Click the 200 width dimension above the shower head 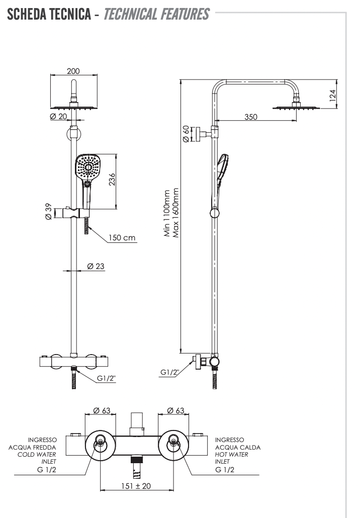tap(73, 71)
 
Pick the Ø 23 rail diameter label tap(96, 266)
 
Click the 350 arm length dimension tap(250, 117)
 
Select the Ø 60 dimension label tap(186, 134)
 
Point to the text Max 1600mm tap(176, 214)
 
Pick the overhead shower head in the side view tap(296, 107)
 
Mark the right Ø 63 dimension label tap(175, 410)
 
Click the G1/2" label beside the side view tap(170, 372)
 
